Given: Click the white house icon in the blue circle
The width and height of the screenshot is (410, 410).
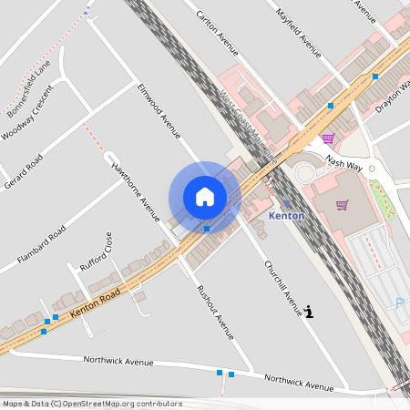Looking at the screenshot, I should (205, 197).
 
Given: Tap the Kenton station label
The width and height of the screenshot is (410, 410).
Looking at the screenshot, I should (287, 216).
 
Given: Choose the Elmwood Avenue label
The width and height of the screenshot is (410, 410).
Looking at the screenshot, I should (159, 112).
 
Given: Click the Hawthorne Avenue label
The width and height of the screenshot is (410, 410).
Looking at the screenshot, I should (135, 191).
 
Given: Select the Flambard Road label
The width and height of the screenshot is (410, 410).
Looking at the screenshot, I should (44, 246).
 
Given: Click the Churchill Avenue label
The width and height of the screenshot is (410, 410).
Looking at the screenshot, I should (282, 289).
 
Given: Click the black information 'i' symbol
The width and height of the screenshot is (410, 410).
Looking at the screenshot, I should (310, 312).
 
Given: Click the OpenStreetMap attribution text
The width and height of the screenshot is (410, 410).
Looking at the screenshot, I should (91, 404).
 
